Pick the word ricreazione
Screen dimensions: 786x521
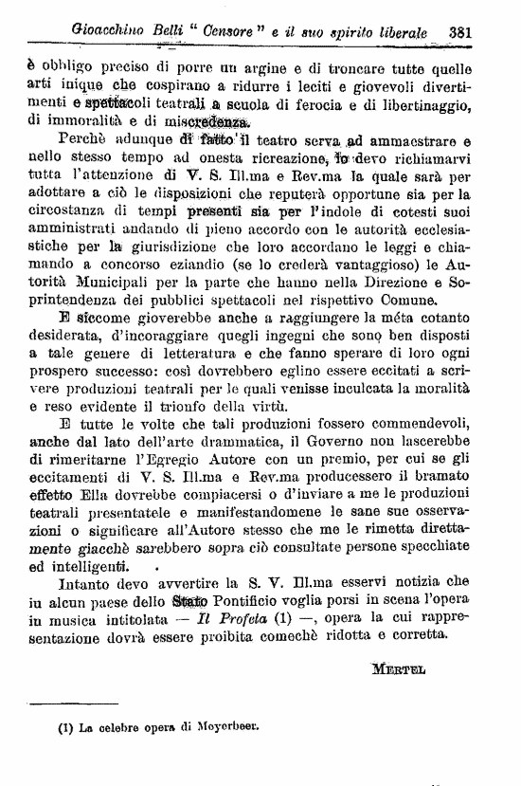click(280, 157)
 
